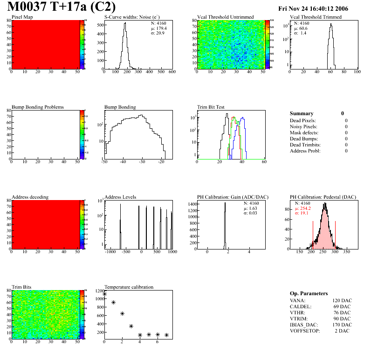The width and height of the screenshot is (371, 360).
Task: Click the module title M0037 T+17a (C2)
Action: click(62, 7)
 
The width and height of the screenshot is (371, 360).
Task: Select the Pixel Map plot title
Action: click(22, 17)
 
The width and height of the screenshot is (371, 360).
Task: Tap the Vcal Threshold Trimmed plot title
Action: click(316, 17)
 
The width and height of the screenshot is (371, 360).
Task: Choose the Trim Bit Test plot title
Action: click(211, 107)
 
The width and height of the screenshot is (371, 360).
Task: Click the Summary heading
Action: click(302, 113)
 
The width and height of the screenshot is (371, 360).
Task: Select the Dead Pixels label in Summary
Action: click(303, 120)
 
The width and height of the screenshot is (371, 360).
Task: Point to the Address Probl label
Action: click(305, 151)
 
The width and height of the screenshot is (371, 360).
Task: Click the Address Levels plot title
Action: click(120, 197)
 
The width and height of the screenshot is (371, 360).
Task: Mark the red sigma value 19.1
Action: click(304, 213)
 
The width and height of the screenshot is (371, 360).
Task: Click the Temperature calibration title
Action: click(129, 287)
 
